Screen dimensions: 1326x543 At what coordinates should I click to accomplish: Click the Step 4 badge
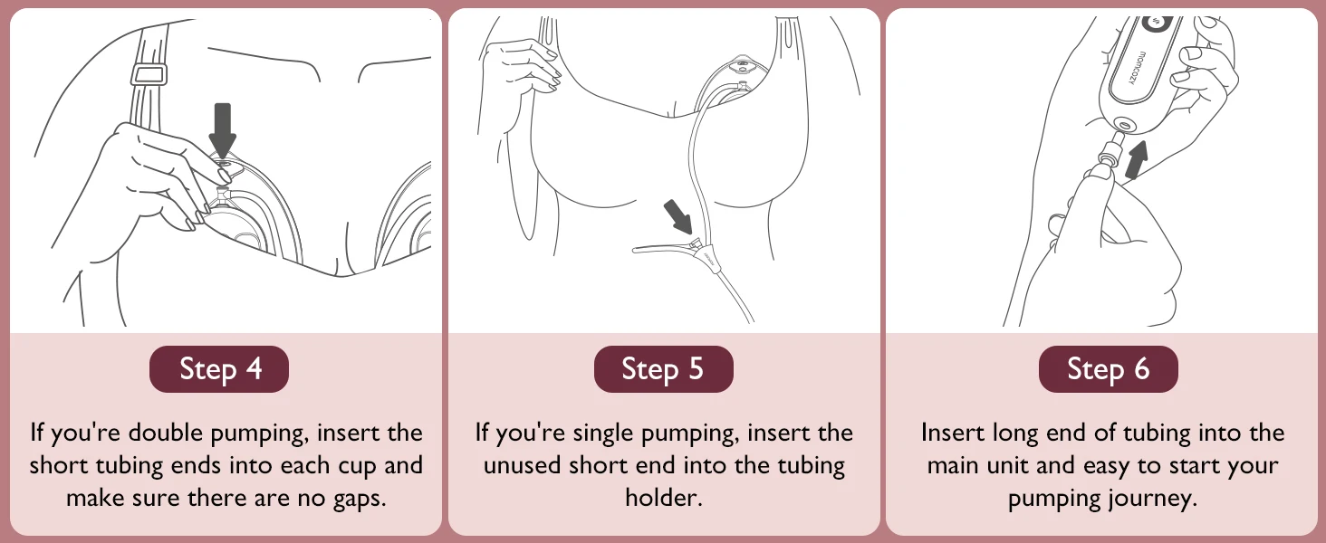point(219,369)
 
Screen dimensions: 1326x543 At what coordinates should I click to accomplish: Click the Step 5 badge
point(664,369)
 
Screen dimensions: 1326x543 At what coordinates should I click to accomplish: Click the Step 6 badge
point(1108,369)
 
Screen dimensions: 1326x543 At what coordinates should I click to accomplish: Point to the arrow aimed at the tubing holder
point(677,216)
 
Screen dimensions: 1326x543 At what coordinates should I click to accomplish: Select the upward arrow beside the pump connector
point(1138,159)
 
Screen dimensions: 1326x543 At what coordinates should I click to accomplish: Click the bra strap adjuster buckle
point(149,74)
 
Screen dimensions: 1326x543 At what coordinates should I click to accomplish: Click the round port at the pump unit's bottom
point(1122,124)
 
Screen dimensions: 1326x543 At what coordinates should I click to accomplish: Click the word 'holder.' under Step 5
point(664,498)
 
